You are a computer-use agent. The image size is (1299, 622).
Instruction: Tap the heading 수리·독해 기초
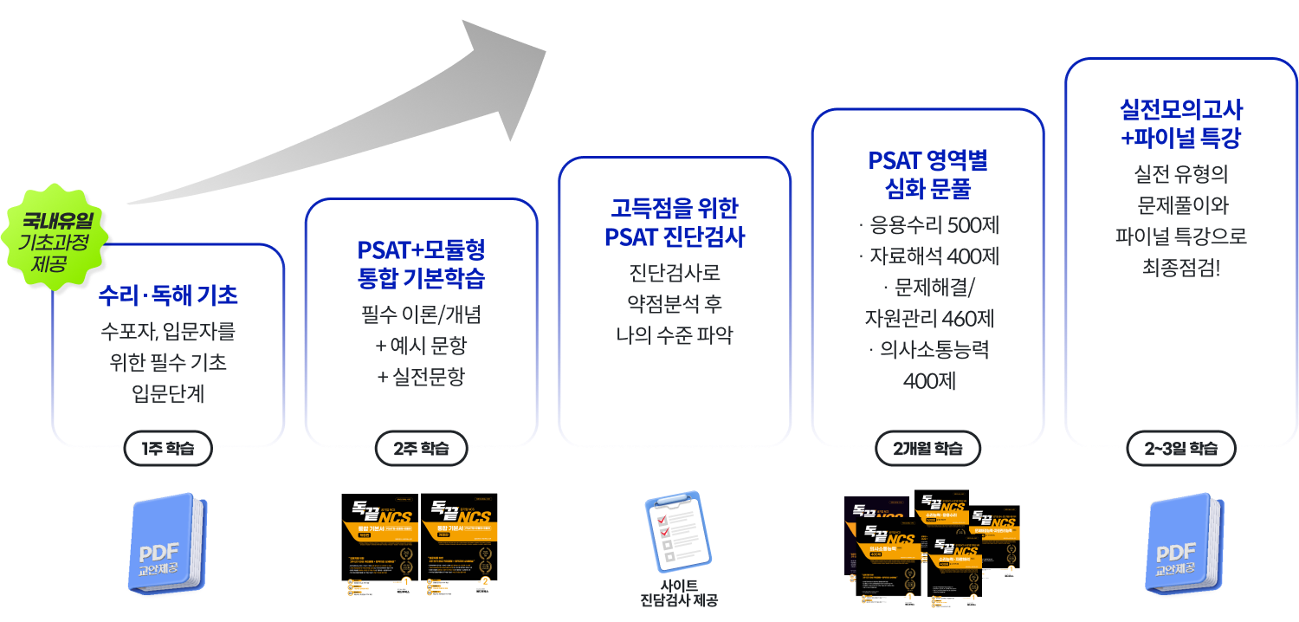[x=168, y=295]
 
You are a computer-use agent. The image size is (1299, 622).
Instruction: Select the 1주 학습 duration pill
[x=168, y=448]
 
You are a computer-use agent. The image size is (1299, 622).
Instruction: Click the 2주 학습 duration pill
[x=421, y=448]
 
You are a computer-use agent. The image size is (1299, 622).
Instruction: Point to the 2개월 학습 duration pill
[x=927, y=448]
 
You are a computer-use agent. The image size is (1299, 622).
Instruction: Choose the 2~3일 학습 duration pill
[x=1180, y=448]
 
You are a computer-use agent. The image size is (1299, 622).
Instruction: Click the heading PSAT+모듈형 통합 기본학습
[x=421, y=264]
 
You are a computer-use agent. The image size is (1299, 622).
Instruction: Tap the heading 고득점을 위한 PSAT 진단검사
[x=675, y=223]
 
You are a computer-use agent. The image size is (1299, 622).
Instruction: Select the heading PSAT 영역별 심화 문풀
[x=927, y=173]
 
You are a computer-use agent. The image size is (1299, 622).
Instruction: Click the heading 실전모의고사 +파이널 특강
[x=1180, y=123]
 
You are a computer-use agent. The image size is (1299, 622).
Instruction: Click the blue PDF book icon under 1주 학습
[x=167, y=546]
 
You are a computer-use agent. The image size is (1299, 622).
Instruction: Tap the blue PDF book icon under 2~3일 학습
[x=1183, y=546]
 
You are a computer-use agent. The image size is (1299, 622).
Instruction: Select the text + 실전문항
[x=421, y=377]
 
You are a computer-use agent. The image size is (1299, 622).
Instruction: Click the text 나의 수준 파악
[x=675, y=335]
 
